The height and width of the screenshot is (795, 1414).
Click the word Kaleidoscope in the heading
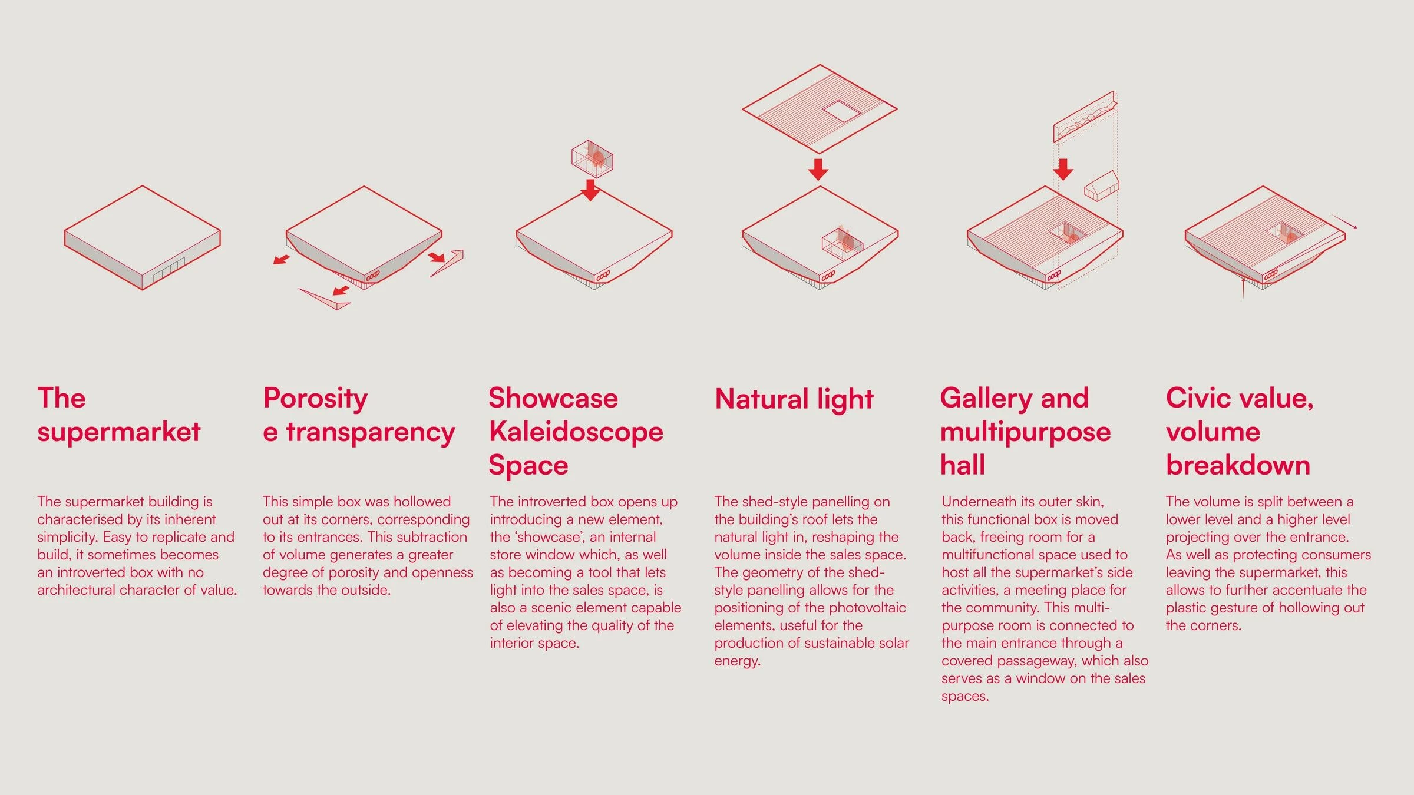coord(576,432)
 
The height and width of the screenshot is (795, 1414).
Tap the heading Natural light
coord(794,399)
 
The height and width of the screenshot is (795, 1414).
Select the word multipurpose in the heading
coord(1025,433)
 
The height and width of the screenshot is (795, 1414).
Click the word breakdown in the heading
coord(1238,465)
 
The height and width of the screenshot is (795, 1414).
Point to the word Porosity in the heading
coord(315,399)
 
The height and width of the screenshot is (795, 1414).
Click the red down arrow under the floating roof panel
coord(818,169)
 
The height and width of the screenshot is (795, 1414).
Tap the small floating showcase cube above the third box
coord(592,158)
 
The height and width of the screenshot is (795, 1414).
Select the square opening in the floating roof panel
coord(841,111)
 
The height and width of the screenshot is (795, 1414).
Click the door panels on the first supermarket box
coord(169,269)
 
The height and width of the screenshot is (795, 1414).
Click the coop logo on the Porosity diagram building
coord(373,275)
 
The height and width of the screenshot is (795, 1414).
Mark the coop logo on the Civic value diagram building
coord(1271,274)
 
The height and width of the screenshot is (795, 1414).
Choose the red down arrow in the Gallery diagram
coord(1063,169)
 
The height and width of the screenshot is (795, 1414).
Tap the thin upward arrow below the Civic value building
coord(1243,288)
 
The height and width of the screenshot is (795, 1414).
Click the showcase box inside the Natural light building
coord(843,241)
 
